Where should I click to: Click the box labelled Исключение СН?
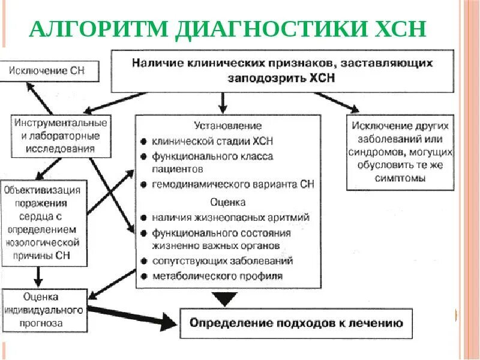(46, 71)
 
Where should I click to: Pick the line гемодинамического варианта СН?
(233, 185)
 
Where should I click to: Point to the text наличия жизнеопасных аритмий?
(230, 217)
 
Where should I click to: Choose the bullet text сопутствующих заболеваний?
(222, 261)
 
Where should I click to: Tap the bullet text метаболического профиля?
(217, 276)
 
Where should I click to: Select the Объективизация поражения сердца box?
(44, 223)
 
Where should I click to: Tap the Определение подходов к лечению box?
(296, 323)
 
